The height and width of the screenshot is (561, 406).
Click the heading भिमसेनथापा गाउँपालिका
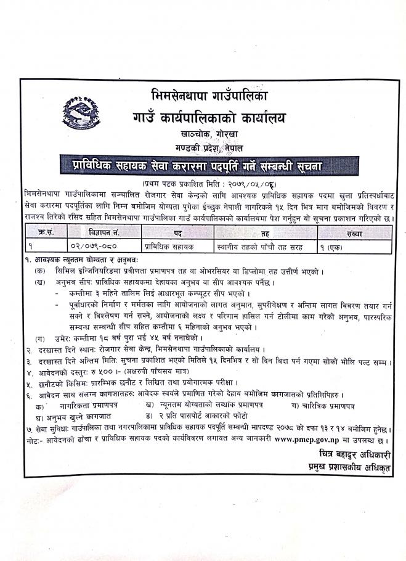[209, 97]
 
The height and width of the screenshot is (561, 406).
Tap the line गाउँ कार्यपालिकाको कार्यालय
[209, 117]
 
